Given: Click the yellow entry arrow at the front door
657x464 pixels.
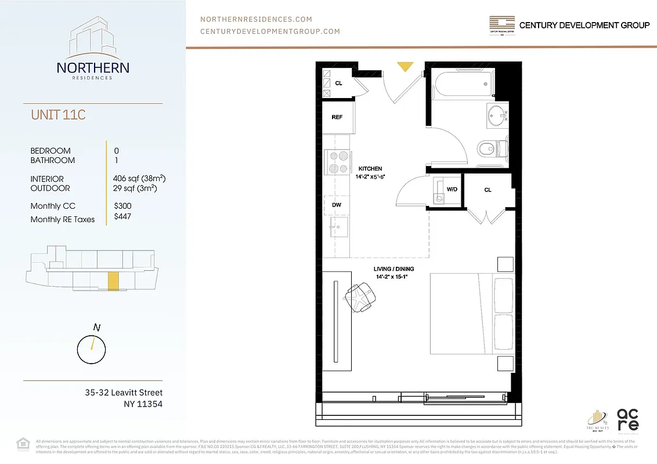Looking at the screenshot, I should click(x=405, y=67).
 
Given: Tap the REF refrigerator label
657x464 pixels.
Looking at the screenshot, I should click(x=337, y=117).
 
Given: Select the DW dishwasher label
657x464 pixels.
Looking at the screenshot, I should click(x=337, y=205).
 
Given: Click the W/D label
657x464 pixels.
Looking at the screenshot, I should click(x=452, y=190).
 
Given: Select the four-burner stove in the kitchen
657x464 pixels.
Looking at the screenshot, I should click(x=337, y=162).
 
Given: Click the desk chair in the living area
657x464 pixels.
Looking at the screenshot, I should click(x=360, y=296).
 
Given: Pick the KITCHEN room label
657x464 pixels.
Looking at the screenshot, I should click(x=370, y=169).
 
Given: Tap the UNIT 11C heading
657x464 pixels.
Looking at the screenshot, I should click(x=58, y=115).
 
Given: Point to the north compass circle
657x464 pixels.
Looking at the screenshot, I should click(x=92, y=349).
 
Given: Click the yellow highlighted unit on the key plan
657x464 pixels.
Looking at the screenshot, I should click(x=114, y=281).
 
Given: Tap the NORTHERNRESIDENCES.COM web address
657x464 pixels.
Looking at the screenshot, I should click(x=256, y=19).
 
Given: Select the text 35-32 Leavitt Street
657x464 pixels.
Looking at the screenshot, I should click(x=124, y=393).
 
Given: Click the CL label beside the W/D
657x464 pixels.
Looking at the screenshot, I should click(x=488, y=190).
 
